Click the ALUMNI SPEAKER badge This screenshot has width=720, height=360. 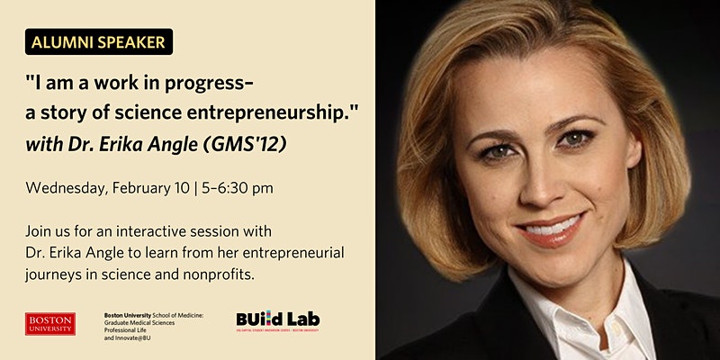[x=99, y=41]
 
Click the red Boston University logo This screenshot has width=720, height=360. [x=50, y=323]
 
